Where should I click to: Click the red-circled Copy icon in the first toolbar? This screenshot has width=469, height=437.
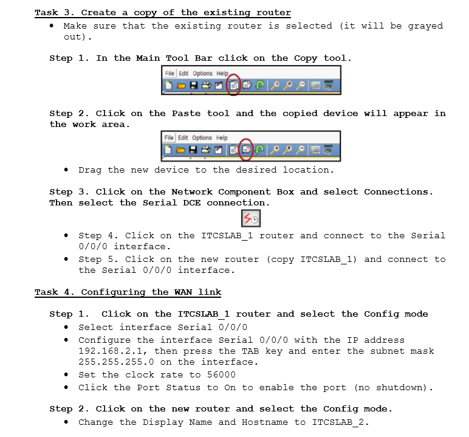[x=234, y=85]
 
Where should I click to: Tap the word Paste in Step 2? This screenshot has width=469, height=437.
[x=187, y=114]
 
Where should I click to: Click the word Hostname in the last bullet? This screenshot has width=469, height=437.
[x=268, y=422]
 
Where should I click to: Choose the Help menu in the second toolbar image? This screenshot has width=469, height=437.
[x=222, y=138]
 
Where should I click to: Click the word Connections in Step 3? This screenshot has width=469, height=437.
[x=398, y=192]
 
